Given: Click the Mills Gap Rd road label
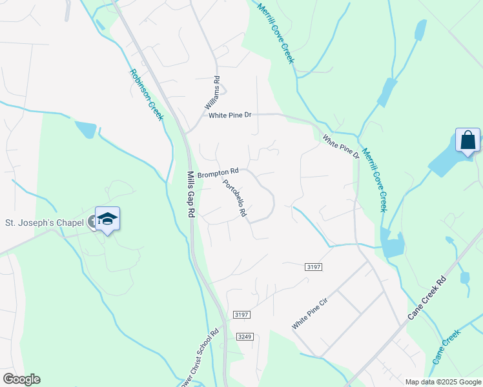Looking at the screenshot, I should point(191,193).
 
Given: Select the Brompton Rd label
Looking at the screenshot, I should point(218,173).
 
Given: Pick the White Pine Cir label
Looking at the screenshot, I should point(314,314).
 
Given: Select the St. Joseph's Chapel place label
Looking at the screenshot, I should point(45,223).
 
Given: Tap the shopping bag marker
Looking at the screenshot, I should point(468,140).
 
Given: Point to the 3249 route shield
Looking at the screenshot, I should point(244,337).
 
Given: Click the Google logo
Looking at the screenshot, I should point(21,379).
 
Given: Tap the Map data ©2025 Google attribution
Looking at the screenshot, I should point(443,382).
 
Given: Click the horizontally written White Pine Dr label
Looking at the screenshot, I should point(229,115).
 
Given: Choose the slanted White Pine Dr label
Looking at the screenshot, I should point(341,147).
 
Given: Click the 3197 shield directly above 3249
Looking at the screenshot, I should point(241,315).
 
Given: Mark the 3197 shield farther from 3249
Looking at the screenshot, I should point(313,266).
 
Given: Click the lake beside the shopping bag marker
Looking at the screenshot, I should point(446,161).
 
